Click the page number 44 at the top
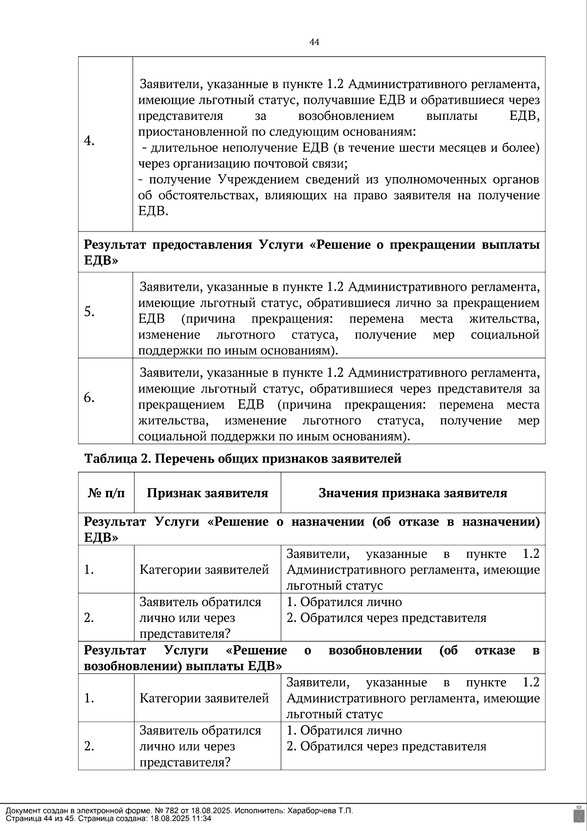(x=315, y=43)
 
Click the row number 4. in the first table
(x=89, y=141)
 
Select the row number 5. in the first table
(x=89, y=311)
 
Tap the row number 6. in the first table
(x=89, y=397)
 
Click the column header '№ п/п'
(x=106, y=493)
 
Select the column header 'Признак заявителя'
(x=207, y=493)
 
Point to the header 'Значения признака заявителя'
(x=413, y=493)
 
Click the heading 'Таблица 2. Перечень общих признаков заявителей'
(x=243, y=459)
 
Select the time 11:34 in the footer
(x=202, y=818)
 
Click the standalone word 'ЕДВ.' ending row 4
(x=153, y=211)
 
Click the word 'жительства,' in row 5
(x=504, y=319)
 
